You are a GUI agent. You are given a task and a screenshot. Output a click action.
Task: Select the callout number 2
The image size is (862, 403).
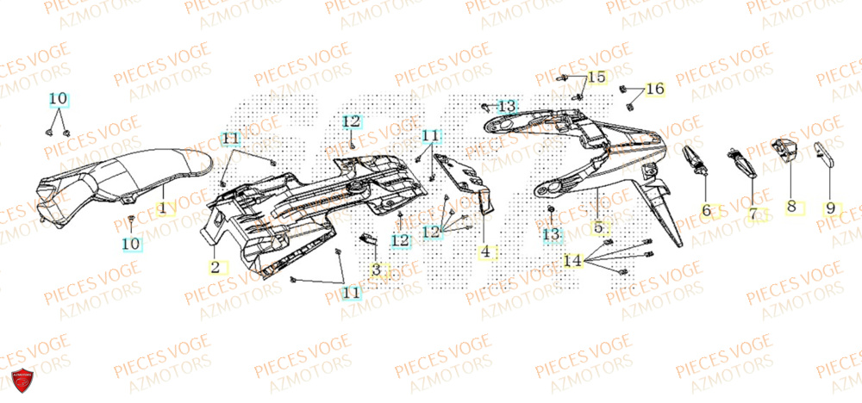(x=214, y=267)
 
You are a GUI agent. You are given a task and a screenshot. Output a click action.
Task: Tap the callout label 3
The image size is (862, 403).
(x=376, y=270)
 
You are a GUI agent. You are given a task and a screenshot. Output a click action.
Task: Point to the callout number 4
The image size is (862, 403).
(x=486, y=252)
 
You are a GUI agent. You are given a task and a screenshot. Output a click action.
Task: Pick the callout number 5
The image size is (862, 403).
(x=598, y=228)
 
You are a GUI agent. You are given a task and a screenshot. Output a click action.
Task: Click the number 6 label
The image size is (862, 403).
(x=706, y=209)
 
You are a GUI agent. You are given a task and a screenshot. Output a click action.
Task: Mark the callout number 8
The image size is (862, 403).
(x=791, y=207)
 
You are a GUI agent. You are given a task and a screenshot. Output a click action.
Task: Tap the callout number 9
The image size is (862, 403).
(x=830, y=208)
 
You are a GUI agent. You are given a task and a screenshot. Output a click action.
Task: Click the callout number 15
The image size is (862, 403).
(x=597, y=77)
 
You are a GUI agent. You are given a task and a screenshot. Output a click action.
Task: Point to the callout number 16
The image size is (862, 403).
(x=655, y=89)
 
